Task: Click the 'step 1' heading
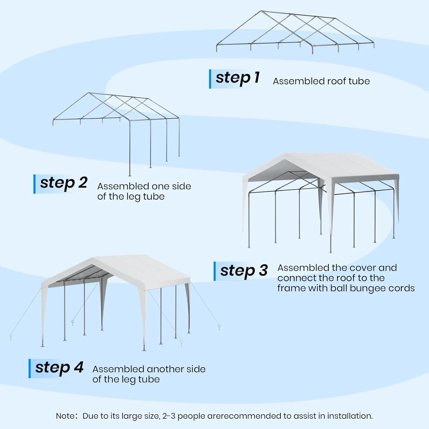237,78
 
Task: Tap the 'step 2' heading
63,183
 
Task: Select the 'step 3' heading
244,271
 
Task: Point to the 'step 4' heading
59,368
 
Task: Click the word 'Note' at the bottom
65,416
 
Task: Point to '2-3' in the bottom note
169,416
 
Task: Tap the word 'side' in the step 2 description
181,186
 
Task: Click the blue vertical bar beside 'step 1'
210,79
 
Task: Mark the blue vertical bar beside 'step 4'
30,369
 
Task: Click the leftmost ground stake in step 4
11,337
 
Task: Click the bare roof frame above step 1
295,31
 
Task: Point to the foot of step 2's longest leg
130,175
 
